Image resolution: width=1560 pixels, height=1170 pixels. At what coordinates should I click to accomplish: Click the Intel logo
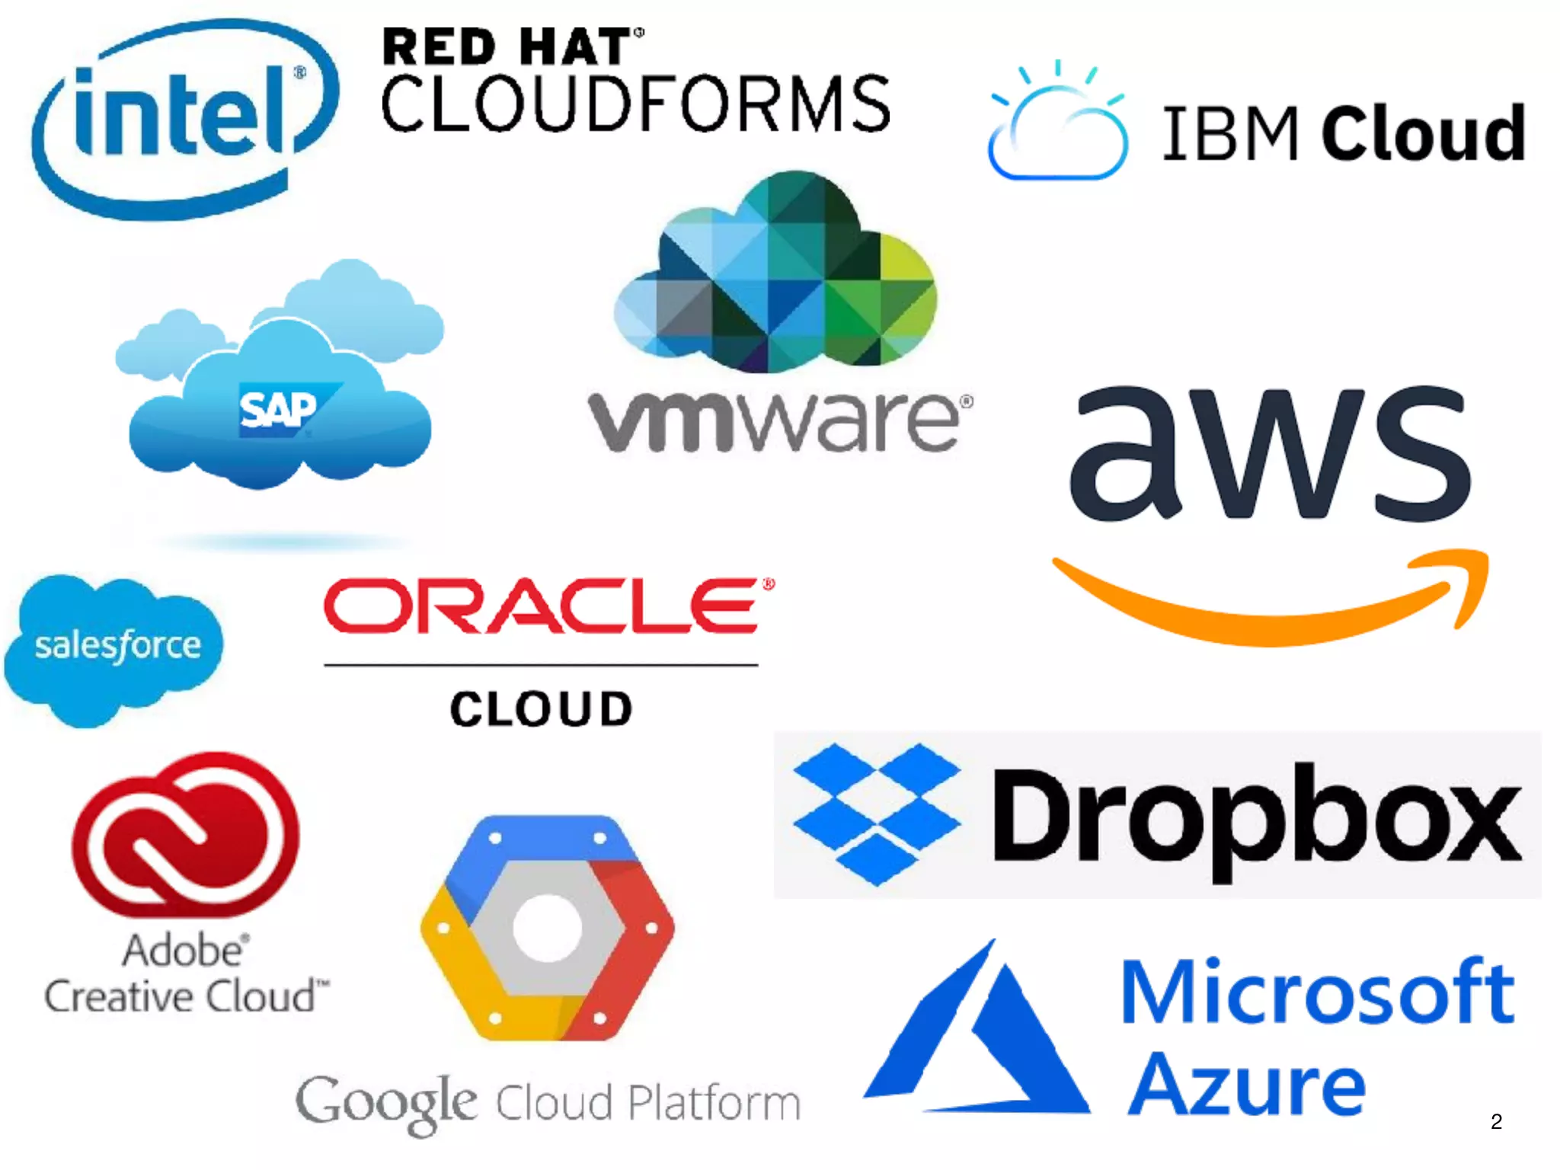[183, 118]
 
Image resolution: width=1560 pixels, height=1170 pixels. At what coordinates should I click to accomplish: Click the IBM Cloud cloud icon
[1057, 126]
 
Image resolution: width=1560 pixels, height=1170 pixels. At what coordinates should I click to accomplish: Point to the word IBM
[1230, 134]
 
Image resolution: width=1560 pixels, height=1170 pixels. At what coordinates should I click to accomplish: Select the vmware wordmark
[778, 420]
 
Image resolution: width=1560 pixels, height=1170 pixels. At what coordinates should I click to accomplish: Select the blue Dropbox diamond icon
[876, 814]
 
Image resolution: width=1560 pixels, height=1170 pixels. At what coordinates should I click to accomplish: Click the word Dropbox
[1257, 819]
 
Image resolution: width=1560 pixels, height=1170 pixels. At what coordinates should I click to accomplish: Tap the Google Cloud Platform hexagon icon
[547, 928]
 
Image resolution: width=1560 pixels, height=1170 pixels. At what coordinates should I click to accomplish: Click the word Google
[386, 1102]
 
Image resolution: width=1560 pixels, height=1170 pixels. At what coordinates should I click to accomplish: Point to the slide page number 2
[1496, 1121]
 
